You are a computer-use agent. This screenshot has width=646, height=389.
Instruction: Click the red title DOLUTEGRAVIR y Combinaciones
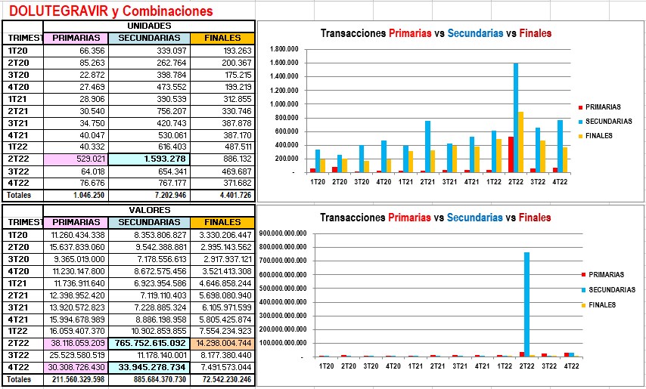[110, 11]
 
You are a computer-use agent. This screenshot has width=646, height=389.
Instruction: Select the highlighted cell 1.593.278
[148, 159]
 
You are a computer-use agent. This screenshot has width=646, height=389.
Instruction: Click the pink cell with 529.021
[75, 159]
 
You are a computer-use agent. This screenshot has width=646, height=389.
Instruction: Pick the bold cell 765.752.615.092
[148, 343]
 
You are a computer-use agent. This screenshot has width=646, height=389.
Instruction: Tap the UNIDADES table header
[150, 26]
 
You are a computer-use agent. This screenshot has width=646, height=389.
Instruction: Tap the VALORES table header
[150, 210]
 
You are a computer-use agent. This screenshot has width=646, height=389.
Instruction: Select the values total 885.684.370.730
[148, 379]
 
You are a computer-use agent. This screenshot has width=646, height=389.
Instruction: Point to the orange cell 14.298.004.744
[222, 343]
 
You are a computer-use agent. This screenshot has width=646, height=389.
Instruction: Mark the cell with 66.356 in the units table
[75, 50]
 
